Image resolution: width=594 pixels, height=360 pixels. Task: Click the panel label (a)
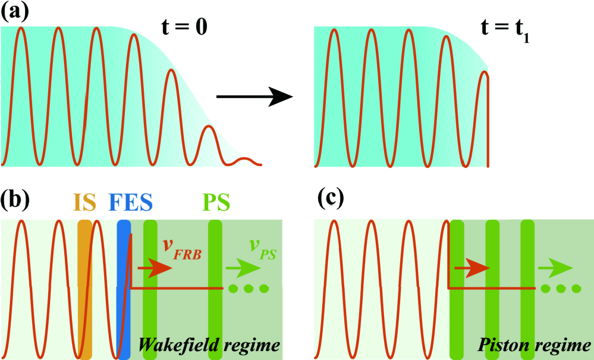click(14, 13)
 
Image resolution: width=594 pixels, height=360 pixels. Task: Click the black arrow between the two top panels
click(254, 95)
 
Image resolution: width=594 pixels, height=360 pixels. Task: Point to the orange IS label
click(85, 204)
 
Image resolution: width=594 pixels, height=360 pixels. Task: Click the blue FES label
click(130, 204)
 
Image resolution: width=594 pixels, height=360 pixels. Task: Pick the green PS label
click(215, 204)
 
